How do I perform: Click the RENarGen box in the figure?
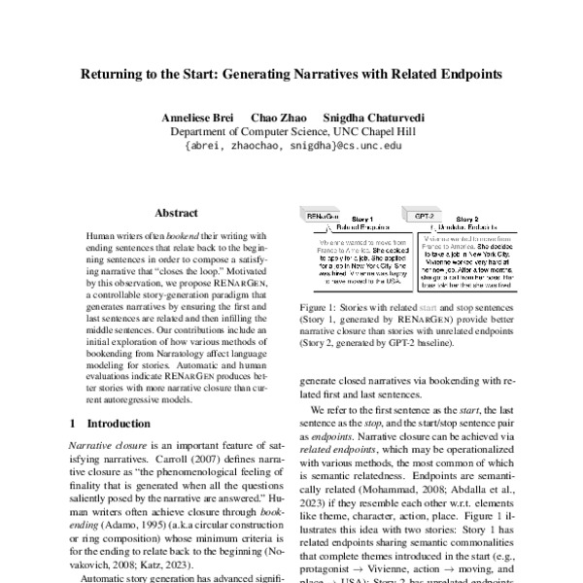[x=323, y=217]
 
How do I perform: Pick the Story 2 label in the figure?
[x=466, y=219]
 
